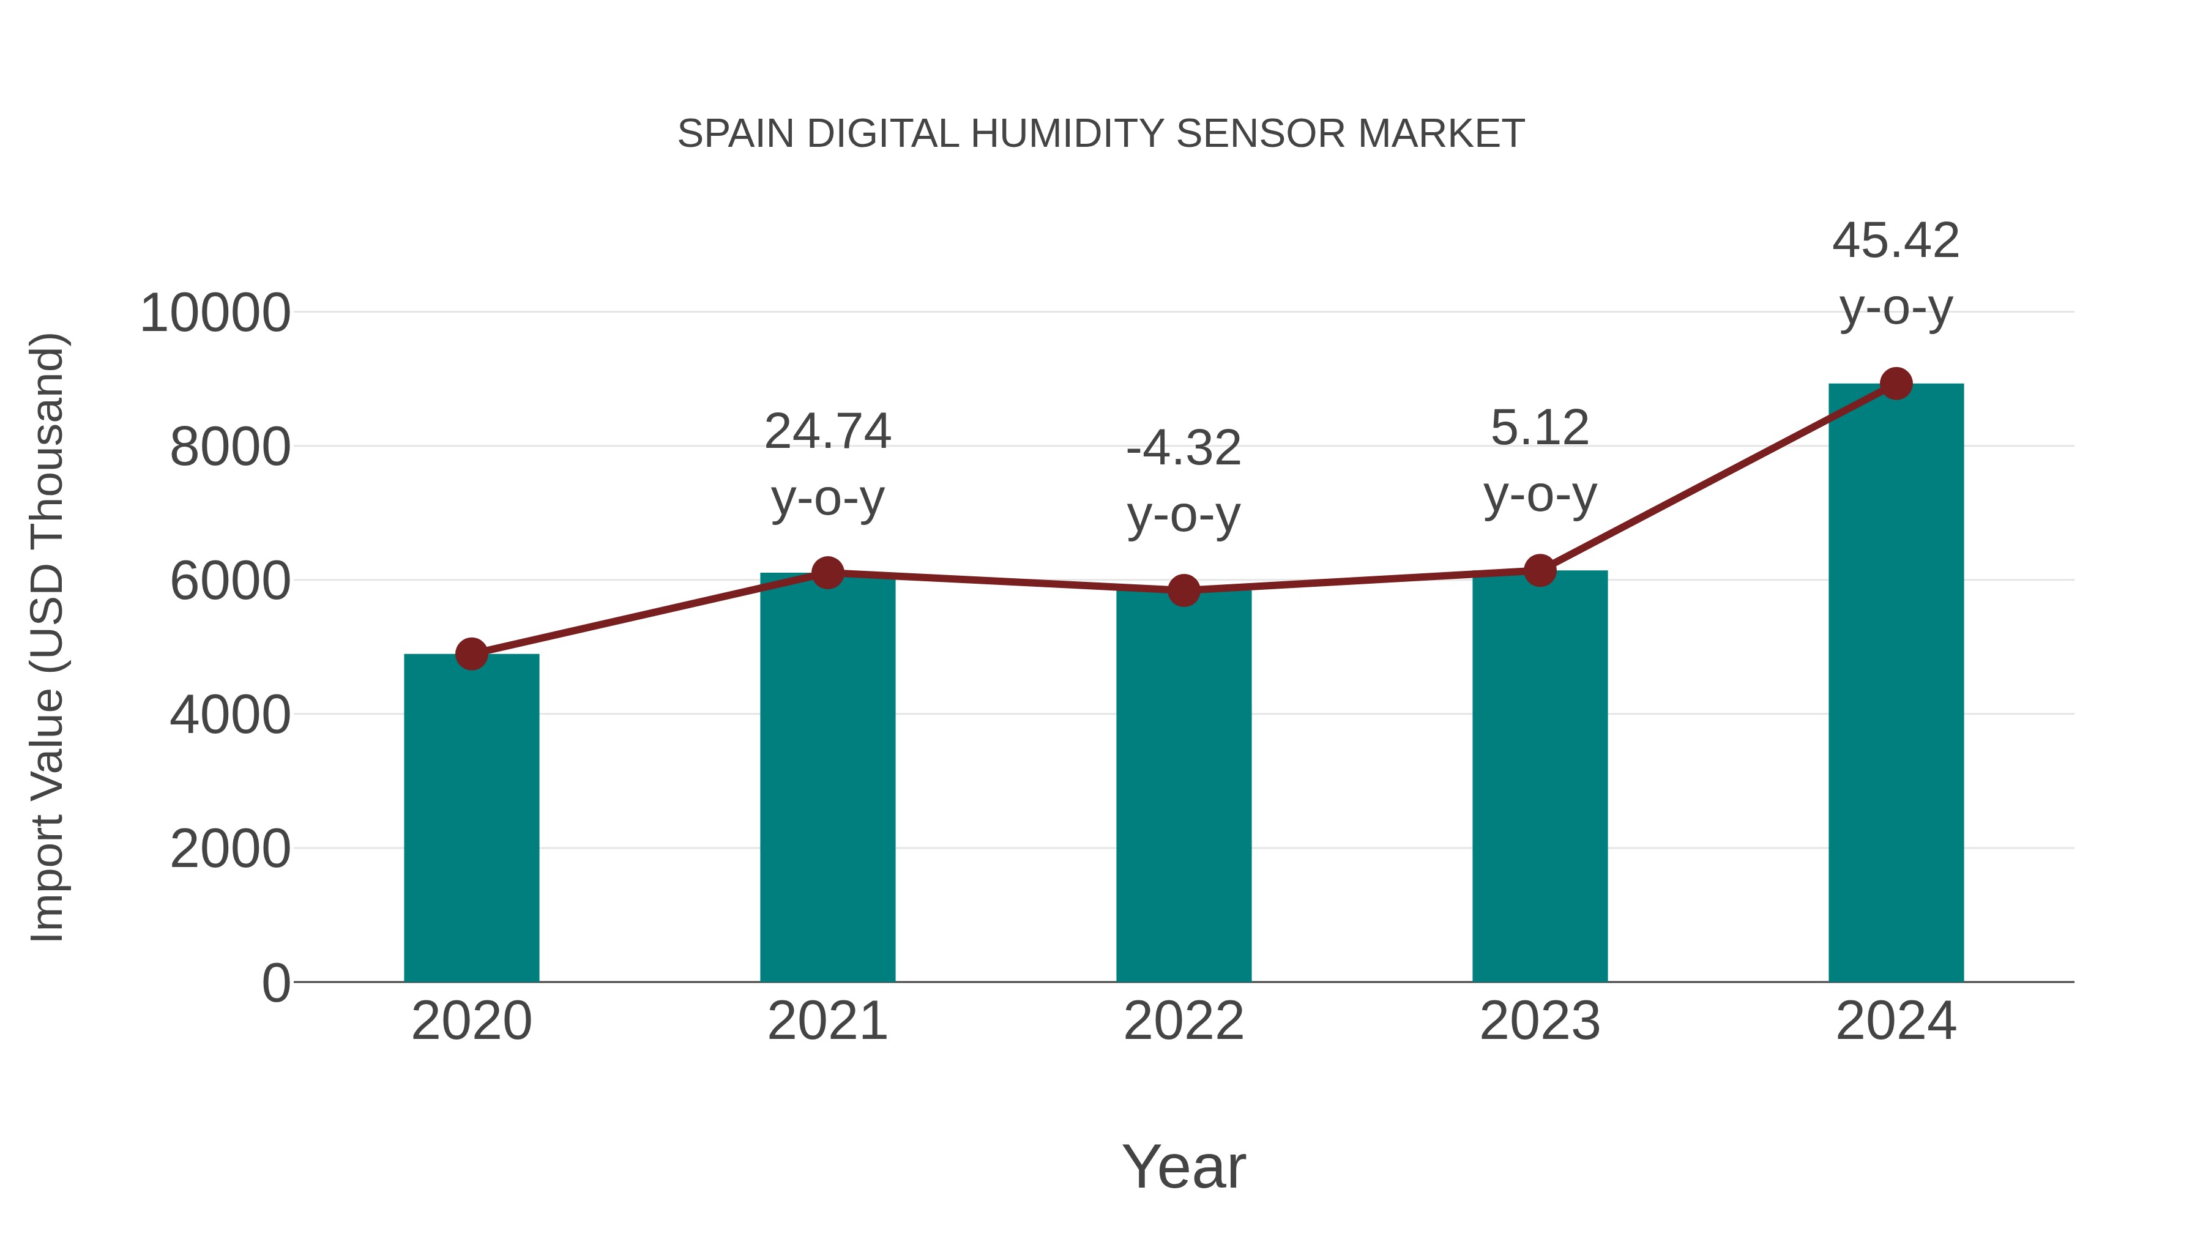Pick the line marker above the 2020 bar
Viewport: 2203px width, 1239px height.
[x=471, y=654]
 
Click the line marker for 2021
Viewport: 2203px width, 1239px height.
[x=828, y=573]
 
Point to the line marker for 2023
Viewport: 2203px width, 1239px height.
[x=1540, y=570]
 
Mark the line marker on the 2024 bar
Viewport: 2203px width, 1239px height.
[x=1896, y=384]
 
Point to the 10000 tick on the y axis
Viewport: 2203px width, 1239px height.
[x=215, y=313]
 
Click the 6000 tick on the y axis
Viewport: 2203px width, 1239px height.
[x=230, y=581]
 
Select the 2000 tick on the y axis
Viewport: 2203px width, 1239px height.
[x=230, y=849]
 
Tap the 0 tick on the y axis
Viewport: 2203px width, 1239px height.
[x=275, y=983]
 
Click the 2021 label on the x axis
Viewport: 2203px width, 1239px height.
[x=828, y=1021]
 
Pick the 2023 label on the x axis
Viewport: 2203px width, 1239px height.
[x=1540, y=1021]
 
